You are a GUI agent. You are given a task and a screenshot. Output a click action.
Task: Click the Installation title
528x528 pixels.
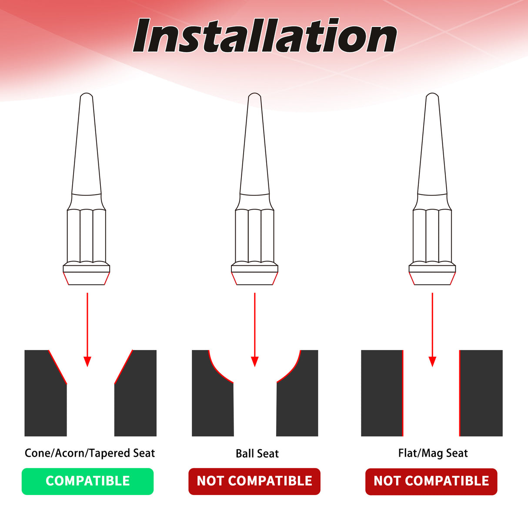pos(265,35)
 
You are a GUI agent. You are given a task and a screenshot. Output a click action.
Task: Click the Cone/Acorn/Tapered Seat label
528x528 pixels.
pos(90,453)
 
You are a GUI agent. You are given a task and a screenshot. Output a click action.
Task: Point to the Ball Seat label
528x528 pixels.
pos(257,454)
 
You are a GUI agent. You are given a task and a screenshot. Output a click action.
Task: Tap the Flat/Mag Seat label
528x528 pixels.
pos(433,453)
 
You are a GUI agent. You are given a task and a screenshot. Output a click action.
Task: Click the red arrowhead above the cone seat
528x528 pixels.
pos(87,362)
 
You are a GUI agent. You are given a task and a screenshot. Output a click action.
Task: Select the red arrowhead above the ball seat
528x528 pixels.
pos(255,362)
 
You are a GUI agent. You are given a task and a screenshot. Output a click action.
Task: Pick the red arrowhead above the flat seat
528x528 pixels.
pos(432,362)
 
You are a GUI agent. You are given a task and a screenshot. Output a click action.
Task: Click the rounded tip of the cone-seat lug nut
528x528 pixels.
pos(86,95)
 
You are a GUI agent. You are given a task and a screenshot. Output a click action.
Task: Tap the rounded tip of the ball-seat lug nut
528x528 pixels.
pos(254,95)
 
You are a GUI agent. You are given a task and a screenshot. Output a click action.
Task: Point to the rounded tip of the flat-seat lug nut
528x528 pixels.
pos(432,95)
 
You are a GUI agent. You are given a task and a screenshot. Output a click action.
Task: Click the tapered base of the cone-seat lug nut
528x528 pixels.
pos(86,278)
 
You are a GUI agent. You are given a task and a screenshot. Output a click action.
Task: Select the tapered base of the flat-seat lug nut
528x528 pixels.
pos(432,278)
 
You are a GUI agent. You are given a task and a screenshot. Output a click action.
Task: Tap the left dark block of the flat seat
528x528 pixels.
pos(382,393)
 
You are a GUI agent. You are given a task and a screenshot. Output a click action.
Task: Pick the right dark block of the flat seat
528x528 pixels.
pos(481,393)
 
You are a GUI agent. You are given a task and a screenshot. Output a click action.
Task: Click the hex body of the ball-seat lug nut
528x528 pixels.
pos(254,236)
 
